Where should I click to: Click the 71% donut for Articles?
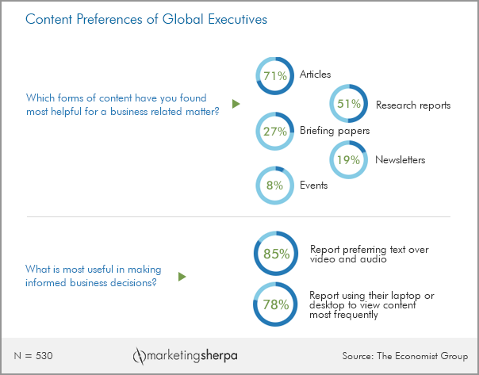275,76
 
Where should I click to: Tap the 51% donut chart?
349,104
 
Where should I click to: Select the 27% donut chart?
275,132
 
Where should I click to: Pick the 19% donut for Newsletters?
349,159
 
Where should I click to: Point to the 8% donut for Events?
275,186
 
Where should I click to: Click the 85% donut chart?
275,254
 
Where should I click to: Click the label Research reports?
412,105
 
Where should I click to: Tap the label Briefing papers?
334,131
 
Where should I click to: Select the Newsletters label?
400,160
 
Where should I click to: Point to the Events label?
313,186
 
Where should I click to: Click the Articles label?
315,75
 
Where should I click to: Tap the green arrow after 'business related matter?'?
236,104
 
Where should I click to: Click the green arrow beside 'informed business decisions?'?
182,277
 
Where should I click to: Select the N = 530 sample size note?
34,354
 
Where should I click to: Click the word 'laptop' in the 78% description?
413,296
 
